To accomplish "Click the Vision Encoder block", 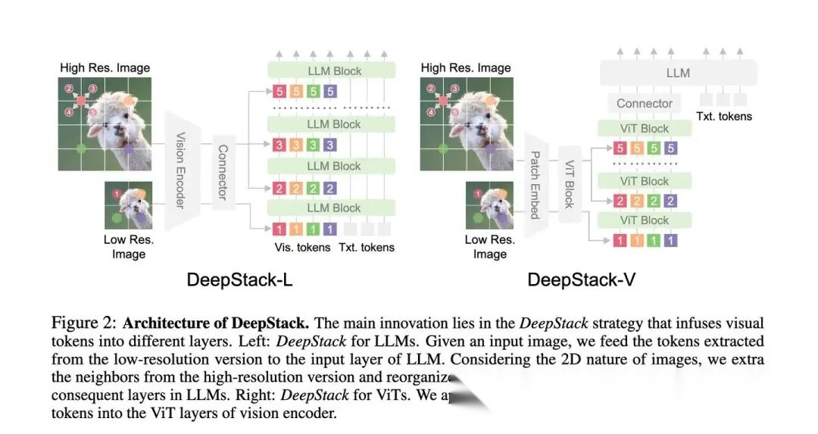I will [x=180, y=170].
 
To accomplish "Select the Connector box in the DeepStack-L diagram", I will [x=221, y=172].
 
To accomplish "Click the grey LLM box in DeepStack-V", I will [x=678, y=73].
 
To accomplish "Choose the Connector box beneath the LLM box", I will [x=644, y=103].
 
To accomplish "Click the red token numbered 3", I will [x=280, y=145].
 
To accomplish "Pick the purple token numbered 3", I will [x=329, y=145].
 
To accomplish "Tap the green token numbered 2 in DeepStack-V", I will [x=654, y=201].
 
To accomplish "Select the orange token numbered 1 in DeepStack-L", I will [x=297, y=229].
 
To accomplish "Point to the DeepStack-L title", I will [x=239, y=279].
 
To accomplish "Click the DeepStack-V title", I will [x=581, y=279].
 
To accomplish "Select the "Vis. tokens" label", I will [x=301, y=247].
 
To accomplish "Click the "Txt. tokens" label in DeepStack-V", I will [x=724, y=116].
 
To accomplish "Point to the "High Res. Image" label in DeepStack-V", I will [x=466, y=67].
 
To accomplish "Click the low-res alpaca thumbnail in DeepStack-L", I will [x=128, y=205].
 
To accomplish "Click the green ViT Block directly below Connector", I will [x=644, y=128].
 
